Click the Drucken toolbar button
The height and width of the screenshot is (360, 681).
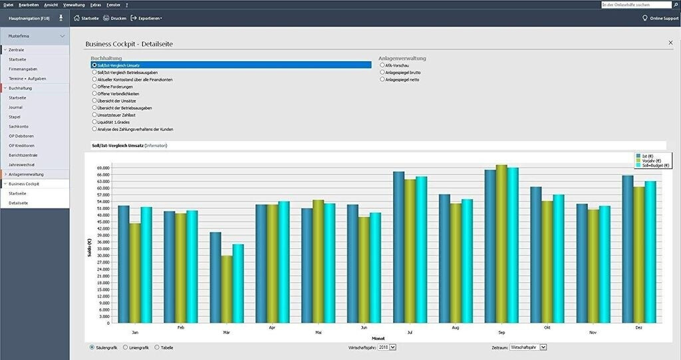pyautogui.click(x=114, y=18)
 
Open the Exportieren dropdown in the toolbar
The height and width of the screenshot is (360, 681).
pyautogui.click(x=146, y=18)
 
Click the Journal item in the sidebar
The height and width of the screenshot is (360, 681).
pyautogui.click(x=16, y=107)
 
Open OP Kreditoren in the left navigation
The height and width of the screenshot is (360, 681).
pyautogui.click(x=21, y=145)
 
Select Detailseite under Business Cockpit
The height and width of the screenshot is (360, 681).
pyautogui.click(x=19, y=202)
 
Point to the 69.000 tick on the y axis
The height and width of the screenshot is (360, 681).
pyautogui.click(x=103, y=168)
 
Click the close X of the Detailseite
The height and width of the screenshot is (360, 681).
pyautogui.click(x=670, y=43)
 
